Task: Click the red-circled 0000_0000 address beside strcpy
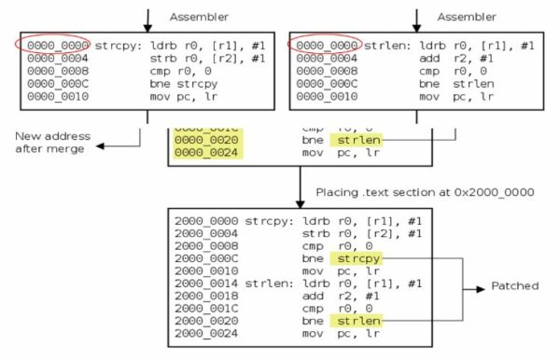pyautogui.click(x=52, y=46)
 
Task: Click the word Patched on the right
pyautogui.click(x=513, y=286)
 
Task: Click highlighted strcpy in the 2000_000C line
pyautogui.click(x=359, y=256)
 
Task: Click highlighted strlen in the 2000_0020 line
pyautogui.click(x=359, y=320)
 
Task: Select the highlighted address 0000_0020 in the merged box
pyautogui.click(x=202, y=140)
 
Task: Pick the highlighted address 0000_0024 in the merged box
pyautogui.click(x=202, y=152)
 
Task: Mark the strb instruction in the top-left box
pyautogui.click(x=177, y=58)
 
